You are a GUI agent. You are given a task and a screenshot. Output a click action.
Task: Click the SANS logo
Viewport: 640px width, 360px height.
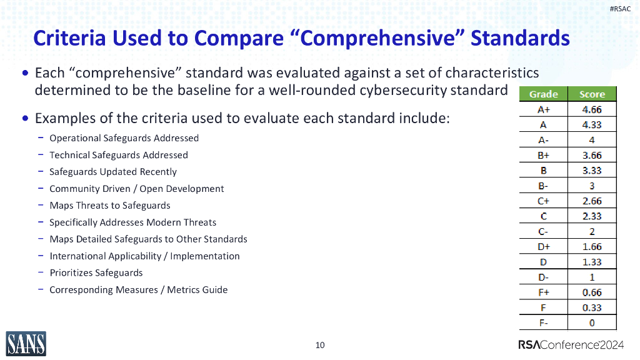(26, 343)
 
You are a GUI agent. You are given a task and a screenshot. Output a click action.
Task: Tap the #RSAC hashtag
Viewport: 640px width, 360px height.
(620, 9)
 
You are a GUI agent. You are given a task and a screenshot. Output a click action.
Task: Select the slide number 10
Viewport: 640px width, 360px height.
(320, 345)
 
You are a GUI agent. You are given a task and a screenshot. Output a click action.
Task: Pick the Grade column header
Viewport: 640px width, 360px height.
(543, 94)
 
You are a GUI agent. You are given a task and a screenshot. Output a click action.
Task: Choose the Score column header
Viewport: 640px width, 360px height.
(592, 94)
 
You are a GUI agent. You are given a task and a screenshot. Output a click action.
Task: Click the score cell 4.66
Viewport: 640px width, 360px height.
(592, 110)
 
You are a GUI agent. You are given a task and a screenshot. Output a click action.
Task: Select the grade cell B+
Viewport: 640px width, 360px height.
(543, 156)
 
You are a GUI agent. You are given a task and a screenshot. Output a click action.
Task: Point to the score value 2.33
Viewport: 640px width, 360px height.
(592, 216)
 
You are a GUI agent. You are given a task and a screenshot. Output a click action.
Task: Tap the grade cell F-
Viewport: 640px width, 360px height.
(543, 322)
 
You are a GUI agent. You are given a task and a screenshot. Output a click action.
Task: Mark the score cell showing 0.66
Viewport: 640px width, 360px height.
(592, 292)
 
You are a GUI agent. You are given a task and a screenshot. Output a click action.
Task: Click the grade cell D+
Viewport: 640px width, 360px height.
(543, 247)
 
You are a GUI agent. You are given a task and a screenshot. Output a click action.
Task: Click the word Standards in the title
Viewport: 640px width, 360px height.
(519, 38)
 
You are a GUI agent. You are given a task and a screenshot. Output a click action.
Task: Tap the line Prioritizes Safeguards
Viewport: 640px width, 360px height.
(96, 273)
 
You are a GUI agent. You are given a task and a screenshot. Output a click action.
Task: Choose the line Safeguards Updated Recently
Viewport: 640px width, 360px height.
(112, 172)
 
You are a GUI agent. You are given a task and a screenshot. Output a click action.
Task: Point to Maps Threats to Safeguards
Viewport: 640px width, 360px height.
(109, 206)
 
